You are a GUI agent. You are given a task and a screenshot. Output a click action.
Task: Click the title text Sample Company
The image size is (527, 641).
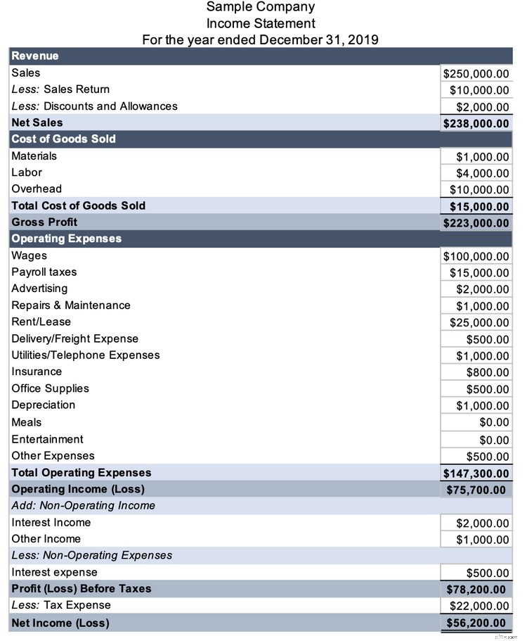click(260, 7)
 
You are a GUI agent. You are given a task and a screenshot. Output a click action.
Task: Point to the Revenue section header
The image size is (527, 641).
click(35, 56)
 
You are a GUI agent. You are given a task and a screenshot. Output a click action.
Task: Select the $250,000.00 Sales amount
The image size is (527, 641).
click(476, 73)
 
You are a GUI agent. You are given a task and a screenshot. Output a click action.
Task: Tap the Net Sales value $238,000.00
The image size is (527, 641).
click(476, 123)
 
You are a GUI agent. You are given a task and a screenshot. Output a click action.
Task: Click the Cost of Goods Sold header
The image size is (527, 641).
click(63, 139)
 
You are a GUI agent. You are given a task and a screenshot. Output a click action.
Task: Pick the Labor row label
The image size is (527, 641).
click(27, 172)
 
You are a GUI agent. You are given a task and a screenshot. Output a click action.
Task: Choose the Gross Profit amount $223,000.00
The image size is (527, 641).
click(476, 223)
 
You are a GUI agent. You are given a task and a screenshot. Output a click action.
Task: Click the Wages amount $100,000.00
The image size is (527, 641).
click(476, 256)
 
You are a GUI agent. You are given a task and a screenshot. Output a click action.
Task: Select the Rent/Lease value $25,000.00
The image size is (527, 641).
click(479, 323)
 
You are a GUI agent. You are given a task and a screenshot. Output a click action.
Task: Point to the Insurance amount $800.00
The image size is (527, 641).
click(488, 372)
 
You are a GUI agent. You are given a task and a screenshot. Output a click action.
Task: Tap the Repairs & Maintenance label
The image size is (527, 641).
click(71, 305)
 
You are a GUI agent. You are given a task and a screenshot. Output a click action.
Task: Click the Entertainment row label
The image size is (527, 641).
click(47, 439)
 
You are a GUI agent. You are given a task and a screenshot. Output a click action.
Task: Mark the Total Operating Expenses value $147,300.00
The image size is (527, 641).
click(476, 474)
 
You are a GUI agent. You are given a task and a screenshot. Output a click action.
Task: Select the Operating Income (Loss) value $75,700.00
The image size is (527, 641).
click(476, 490)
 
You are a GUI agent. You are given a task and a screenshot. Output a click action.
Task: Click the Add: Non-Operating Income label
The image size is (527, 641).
click(84, 505)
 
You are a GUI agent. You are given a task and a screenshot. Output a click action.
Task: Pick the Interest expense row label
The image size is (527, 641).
click(54, 572)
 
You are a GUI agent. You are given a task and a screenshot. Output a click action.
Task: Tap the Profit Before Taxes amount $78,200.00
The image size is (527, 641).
click(476, 589)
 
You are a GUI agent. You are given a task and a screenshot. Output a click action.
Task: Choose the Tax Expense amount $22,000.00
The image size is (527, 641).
click(479, 606)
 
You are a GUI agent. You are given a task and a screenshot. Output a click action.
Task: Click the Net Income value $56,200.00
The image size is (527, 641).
click(476, 623)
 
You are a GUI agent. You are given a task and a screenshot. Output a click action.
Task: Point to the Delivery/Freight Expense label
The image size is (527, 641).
click(74, 338)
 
